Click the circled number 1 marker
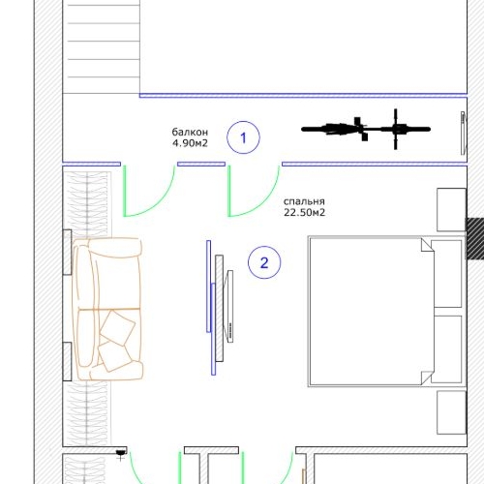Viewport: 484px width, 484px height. (x=243, y=137)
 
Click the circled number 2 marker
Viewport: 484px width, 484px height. (x=264, y=262)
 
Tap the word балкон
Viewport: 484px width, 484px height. (x=190, y=132)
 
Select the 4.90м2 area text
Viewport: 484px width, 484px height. (x=190, y=143)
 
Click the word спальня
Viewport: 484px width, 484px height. (x=304, y=201)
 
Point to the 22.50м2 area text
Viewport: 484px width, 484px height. (x=304, y=213)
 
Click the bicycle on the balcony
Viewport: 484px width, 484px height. (x=366, y=129)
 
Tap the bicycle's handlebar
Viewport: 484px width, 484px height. (x=396, y=129)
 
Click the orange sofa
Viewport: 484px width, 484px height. (x=107, y=309)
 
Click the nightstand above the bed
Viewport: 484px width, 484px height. (x=451, y=210)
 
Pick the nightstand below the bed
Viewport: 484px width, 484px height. (x=451, y=412)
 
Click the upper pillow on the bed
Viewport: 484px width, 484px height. (x=446, y=274)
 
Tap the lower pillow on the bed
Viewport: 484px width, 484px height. (x=446, y=349)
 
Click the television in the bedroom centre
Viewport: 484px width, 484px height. (x=230, y=306)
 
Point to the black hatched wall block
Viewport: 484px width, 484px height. (x=474, y=238)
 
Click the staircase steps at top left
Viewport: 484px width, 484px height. (x=101, y=46)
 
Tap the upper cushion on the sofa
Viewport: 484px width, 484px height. (x=117, y=327)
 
